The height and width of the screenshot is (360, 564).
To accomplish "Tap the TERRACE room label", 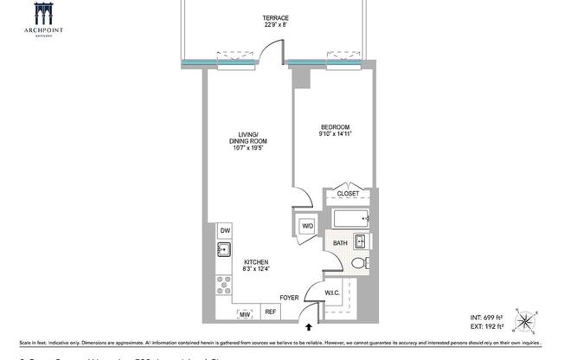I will [276, 18].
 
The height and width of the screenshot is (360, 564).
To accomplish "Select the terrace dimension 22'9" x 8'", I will [276, 26].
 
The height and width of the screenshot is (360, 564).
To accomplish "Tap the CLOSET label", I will [348, 194].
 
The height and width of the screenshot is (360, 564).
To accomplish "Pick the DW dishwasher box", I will [225, 230].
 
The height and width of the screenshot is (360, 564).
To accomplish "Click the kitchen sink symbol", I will [223, 251].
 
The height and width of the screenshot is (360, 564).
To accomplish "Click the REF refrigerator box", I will [270, 312].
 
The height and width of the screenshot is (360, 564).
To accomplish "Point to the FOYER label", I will [289, 298].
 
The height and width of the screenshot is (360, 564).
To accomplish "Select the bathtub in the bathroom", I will [349, 216].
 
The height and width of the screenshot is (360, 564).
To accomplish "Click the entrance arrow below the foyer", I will [309, 328].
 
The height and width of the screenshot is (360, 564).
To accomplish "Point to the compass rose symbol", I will [526, 319].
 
